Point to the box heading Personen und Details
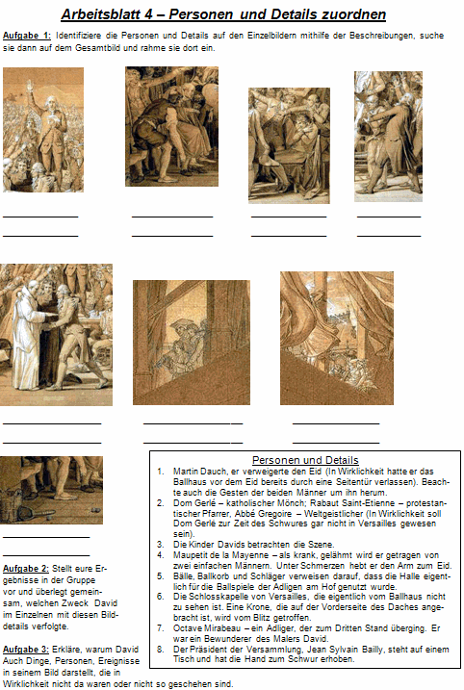(303, 459)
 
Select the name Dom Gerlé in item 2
(193, 501)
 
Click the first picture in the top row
(43, 129)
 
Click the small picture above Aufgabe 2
(50, 489)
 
